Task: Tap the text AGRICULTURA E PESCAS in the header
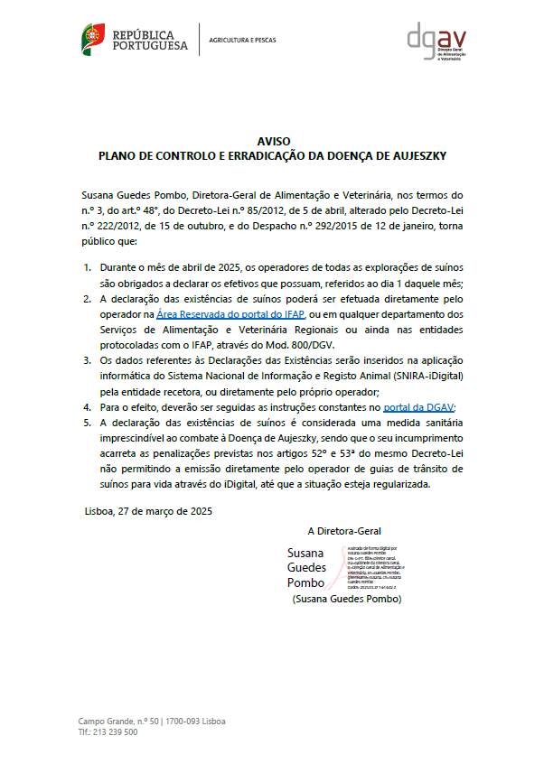[242, 41]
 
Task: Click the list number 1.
[88, 268]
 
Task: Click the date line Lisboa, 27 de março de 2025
[149, 511]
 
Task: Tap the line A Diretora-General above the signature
[344, 531]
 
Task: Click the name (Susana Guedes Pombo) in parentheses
[347, 600]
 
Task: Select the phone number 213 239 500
[116, 732]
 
